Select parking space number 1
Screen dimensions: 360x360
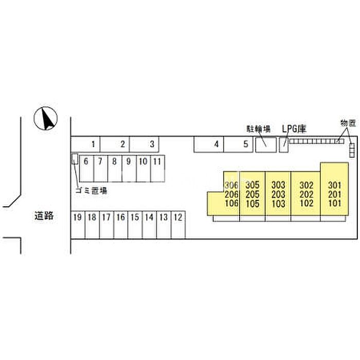(93, 144)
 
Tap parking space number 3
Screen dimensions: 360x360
(152, 144)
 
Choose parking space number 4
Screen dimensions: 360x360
(217, 145)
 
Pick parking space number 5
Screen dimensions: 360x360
(246, 145)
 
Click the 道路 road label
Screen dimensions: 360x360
(44, 217)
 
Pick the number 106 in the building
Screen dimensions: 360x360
(232, 203)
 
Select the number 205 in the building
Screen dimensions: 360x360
(252, 194)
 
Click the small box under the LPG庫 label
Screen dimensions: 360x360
(284, 145)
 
